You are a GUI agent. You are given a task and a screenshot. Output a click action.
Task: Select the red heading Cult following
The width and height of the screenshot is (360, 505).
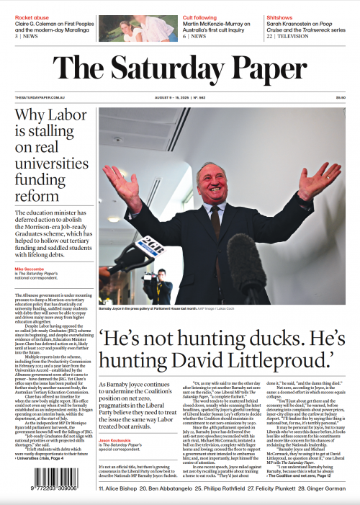(199, 16)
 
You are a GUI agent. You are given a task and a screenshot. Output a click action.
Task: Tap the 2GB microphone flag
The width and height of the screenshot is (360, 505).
(147, 243)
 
